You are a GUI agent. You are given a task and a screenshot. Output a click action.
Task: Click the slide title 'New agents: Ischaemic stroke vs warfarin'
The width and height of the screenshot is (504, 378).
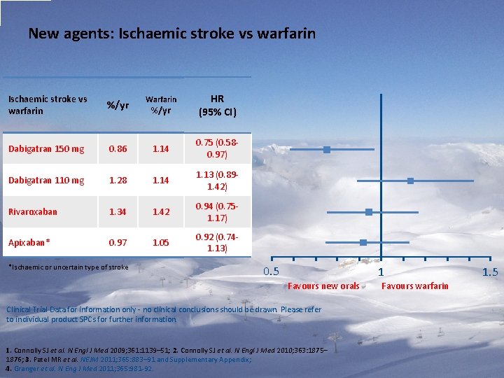(171, 33)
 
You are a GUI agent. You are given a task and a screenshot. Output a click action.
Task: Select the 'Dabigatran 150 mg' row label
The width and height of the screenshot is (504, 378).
(46, 148)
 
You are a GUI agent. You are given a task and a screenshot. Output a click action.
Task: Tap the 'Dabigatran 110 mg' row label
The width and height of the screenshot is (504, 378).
(46, 180)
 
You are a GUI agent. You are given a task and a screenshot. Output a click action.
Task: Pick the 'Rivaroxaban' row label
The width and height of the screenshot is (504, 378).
(33, 211)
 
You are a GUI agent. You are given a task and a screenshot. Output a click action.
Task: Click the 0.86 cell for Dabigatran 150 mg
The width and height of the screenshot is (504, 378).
(118, 148)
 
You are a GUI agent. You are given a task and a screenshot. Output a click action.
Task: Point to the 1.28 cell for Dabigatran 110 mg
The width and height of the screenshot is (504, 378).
(118, 180)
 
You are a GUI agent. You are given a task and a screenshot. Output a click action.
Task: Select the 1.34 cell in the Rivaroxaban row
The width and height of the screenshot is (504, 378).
(118, 211)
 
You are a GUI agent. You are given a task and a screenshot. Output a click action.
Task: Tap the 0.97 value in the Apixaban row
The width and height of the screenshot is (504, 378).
(118, 242)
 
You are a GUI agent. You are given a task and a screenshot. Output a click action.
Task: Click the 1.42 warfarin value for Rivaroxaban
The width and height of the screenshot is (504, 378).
(161, 211)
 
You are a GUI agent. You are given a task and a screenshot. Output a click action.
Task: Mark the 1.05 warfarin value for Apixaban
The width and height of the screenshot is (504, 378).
(161, 242)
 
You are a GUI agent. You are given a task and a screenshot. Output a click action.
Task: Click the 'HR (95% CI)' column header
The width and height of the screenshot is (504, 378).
(217, 106)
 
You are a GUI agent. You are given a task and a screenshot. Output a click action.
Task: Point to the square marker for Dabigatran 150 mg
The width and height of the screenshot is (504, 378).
(327, 150)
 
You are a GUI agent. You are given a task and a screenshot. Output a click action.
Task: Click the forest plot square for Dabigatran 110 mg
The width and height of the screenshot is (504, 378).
(410, 181)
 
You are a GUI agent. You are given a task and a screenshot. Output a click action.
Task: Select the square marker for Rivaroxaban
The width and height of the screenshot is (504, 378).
(368, 212)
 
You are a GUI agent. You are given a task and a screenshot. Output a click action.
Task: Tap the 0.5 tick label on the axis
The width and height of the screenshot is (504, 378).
(271, 272)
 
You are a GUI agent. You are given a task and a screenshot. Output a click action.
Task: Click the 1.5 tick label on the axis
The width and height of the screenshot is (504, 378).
(489, 272)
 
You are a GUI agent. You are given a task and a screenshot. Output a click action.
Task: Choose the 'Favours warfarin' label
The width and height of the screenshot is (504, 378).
(415, 286)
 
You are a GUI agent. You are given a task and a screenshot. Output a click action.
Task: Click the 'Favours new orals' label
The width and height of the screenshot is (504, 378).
(323, 286)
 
